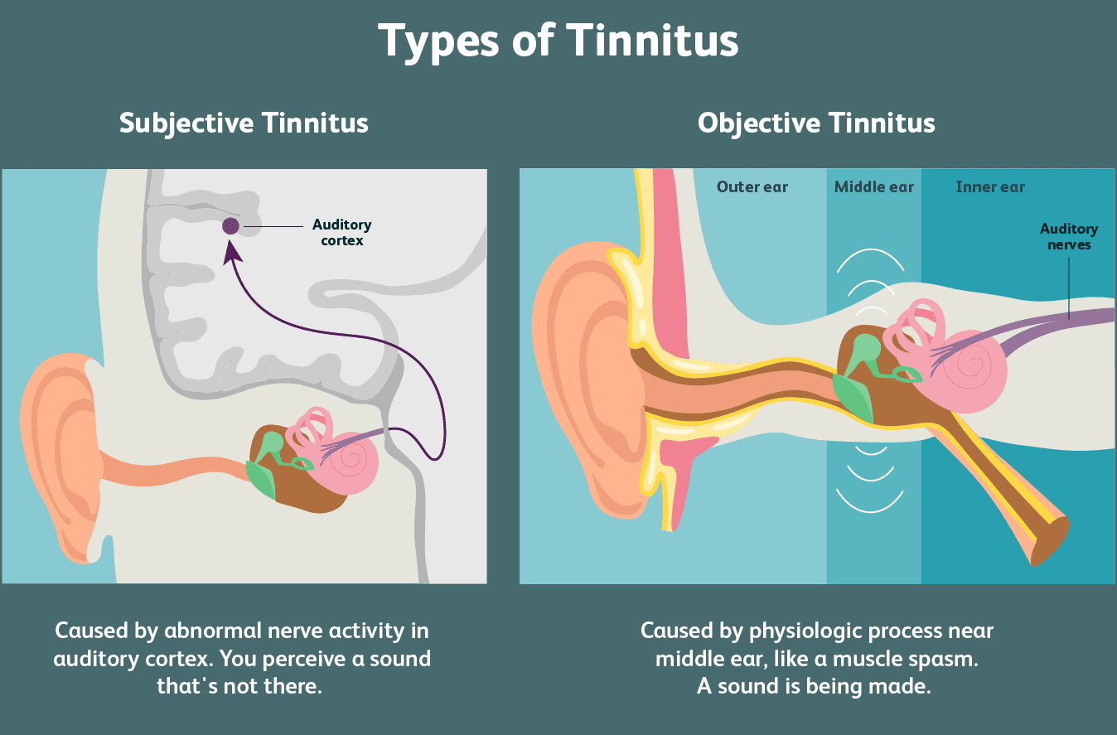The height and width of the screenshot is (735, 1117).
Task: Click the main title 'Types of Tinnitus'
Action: [x=558, y=40]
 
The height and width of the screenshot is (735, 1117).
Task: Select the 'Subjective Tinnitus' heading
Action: [x=244, y=123]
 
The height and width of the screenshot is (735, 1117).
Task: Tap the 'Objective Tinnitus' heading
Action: [x=816, y=123]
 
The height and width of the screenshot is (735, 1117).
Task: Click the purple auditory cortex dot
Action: [x=230, y=225]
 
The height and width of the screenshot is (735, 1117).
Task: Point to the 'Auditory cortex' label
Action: [x=341, y=233]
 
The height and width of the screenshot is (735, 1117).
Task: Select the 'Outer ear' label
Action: [x=752, y=187]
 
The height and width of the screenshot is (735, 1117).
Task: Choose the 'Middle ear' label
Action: [x=873, y=187]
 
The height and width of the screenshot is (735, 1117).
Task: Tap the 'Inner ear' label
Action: [x=989, y=187]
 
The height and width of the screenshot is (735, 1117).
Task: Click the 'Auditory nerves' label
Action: [x=1069, y=237]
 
